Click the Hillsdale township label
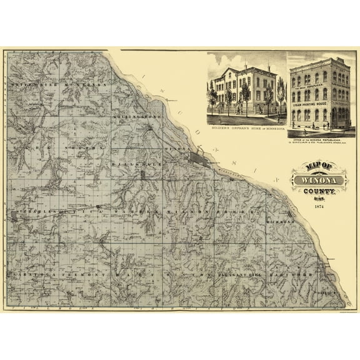135,161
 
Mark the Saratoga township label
32,275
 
